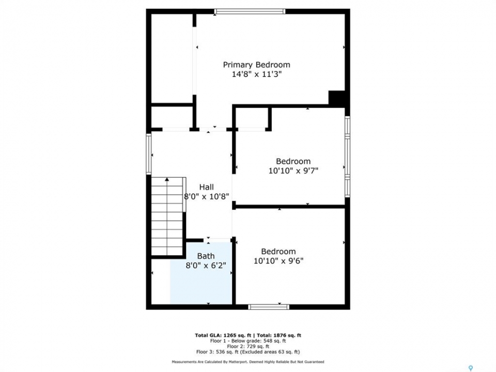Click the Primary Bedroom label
tap(257, 65)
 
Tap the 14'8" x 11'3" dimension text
tap(257, 74)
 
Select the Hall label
tap(206, 187)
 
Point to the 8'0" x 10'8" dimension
tap(206, 196)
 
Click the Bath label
tap(206, 256)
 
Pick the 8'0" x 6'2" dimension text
tap(206, 266)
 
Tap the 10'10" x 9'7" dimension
tap(293, 171)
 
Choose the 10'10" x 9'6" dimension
tap(278, 261)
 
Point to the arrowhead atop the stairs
tap(167, 179)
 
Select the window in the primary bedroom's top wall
tap(250, 12)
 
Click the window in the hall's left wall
tap(149, 154)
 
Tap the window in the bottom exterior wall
tap(269, 307)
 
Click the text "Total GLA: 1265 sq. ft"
tap(223, 335)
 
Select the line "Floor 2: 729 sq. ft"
tap(248, 346)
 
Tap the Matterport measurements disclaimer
tap(248, 362)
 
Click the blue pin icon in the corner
tap(471, 368)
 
